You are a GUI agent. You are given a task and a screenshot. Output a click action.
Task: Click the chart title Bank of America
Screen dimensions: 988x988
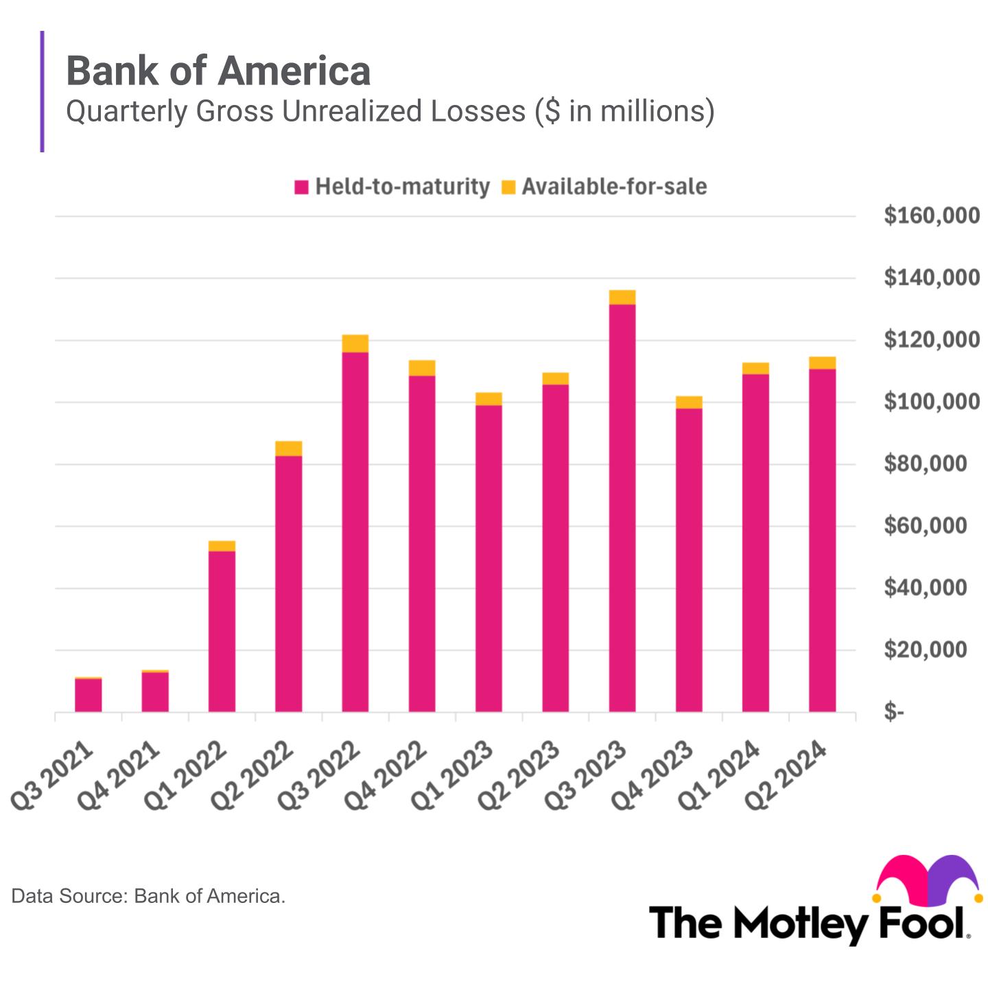click(x=218, y=71)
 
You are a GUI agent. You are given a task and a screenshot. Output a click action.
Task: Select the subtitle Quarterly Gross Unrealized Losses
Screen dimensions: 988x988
click(x=390, y=111)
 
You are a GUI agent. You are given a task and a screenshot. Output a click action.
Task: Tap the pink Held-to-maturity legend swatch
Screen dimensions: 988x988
click(x=301, y=187)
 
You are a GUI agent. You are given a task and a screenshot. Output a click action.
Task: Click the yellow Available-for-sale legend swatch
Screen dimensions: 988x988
click(x=508, y=187)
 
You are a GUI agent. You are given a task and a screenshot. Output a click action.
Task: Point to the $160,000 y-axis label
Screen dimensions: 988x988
click(x=931, y=216)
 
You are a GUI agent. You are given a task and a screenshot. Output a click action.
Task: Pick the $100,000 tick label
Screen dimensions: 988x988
click(x=931, y=402)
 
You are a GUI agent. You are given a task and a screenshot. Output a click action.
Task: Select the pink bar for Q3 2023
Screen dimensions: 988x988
click(x=622, y=508)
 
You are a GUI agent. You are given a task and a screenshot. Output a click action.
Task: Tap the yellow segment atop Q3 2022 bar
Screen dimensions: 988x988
click(x=355, y=343)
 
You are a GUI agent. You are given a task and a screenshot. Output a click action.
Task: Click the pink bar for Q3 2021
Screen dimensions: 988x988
click(x=89, y=695)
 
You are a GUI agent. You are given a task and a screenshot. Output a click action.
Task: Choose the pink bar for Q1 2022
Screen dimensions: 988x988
click(x=222, y=631)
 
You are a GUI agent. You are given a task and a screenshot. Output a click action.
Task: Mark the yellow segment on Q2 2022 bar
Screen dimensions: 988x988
click(x=288, y=448)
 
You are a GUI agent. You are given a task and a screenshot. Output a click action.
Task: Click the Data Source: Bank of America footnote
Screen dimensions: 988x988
click(x=148, y=896)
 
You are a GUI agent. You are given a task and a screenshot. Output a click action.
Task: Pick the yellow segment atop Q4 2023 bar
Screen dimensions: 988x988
click(x=688, y=402)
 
